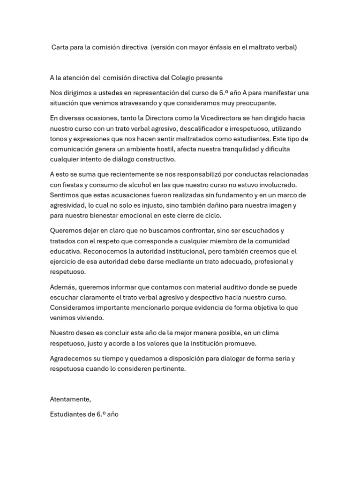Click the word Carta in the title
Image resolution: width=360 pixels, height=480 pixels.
(x=60, y=48)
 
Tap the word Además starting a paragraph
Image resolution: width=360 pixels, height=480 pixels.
(x=62, y=287)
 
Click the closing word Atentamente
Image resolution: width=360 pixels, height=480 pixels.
(x=70, y=399)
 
